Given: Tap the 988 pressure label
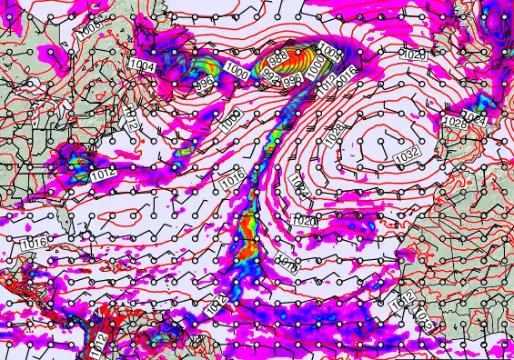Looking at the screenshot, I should tap(279, 58).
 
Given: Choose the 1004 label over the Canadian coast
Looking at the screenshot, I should tap(142, 65).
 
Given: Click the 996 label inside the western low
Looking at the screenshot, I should tap(204, 83).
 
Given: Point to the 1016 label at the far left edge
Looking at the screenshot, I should tap(34, 243).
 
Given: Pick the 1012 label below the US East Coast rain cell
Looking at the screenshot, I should tap(103, 173).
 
